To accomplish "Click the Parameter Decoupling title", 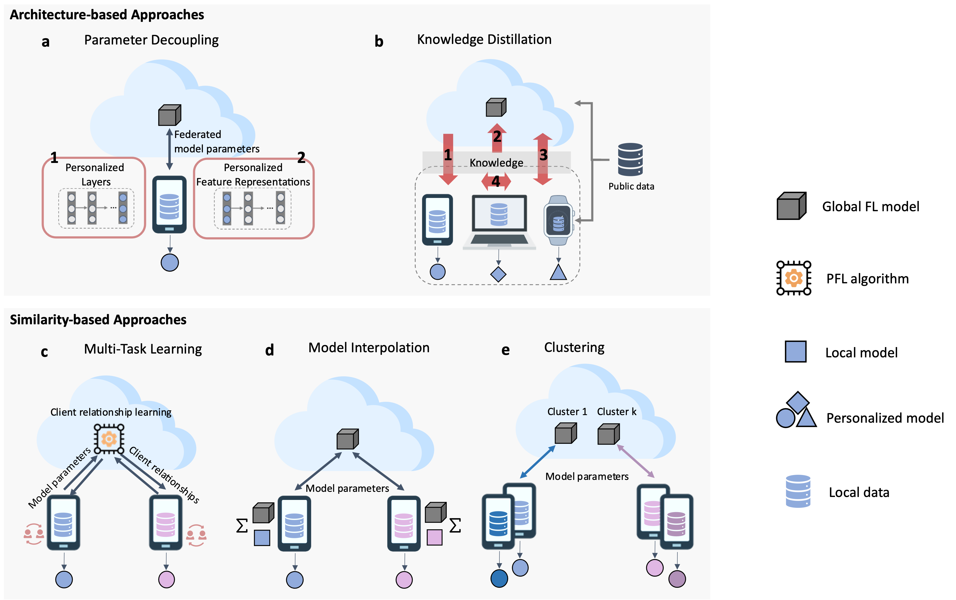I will point(151,40).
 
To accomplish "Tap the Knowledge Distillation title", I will point(484,39).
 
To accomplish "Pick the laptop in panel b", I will point(499,222).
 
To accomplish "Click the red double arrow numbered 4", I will point(496,182).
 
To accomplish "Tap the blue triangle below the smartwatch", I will point(558,273).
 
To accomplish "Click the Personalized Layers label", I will point(95,175).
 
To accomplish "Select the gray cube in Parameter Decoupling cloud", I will point(170,115).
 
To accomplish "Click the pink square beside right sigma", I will point(434,538).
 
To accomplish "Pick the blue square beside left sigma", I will point(262,538).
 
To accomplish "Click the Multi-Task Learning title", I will point(143,349).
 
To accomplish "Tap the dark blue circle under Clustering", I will point(499,579).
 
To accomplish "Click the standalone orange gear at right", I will point(794,278).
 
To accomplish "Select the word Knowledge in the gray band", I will point(496,163).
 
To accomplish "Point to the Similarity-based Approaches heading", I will point(98,320).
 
